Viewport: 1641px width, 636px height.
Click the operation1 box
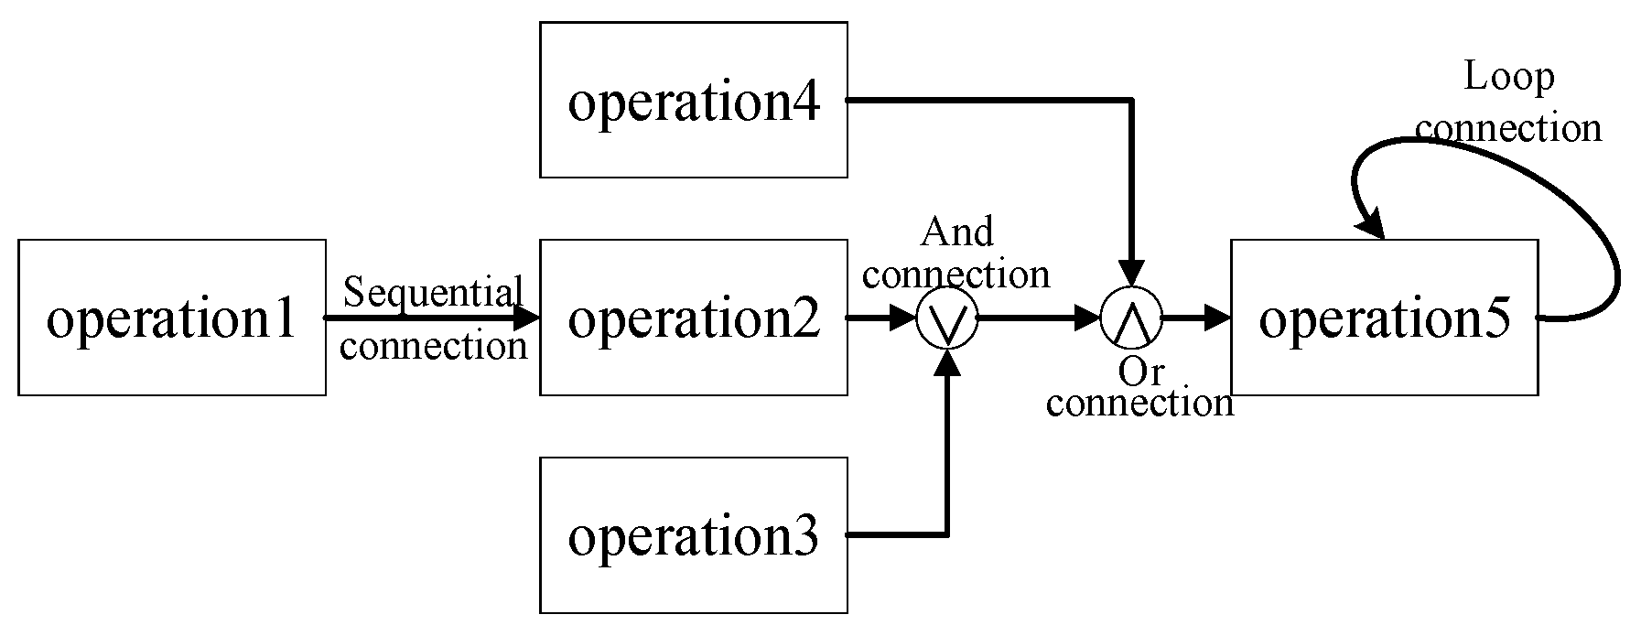172,318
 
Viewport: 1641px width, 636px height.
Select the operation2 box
693,318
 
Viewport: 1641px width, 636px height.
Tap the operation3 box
693,535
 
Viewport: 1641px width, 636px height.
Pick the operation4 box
693,100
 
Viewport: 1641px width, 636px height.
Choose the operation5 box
1383,318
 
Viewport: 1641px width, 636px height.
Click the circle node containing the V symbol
947,318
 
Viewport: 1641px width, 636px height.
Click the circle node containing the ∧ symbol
1131,318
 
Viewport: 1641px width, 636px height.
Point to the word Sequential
432,293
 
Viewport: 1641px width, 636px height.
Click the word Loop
1508,77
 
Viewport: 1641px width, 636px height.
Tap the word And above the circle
956,232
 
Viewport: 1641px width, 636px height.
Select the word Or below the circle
1140,372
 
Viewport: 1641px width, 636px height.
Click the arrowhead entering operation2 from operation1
527,318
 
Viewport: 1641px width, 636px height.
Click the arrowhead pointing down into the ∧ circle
1132,274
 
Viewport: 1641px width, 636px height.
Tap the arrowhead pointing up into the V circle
948,363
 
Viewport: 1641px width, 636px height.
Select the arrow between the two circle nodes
1039,318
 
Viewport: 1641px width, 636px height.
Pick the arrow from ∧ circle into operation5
1196,318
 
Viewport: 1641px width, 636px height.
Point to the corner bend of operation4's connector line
1132,100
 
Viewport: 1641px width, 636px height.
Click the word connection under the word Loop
1508,128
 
